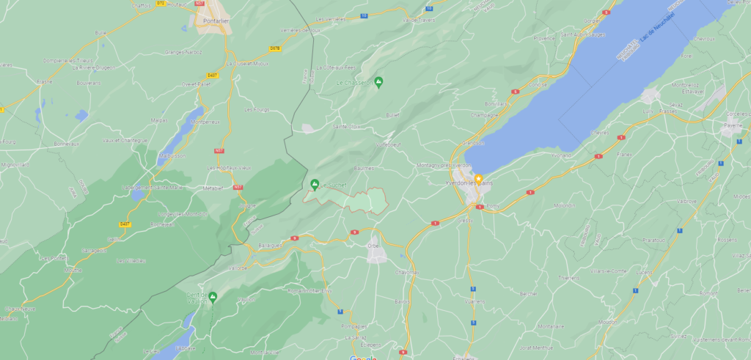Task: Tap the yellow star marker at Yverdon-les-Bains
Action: [478, 178]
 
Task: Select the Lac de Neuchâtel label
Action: [657, 27]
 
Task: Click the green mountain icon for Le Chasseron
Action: [378, 81]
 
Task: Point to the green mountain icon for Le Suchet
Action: [315, 183]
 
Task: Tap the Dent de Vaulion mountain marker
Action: [213, 296]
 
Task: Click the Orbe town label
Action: [373, 246]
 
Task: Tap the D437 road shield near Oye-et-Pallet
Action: [213, 75]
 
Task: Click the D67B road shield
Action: [275, 48]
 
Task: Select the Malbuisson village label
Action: [174, 156]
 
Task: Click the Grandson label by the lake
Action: [473, 142]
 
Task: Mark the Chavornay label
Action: [407, 272]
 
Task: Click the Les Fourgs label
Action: [257, 109]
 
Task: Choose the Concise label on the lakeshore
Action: [538, 84]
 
